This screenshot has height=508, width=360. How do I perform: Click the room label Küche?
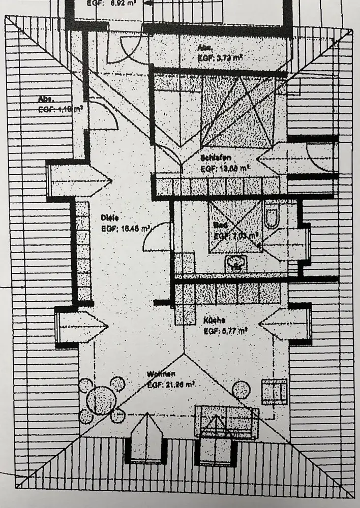click(215, 321)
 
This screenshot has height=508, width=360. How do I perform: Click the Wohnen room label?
click(158, 375)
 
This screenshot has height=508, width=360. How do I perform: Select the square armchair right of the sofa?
click(274, 391)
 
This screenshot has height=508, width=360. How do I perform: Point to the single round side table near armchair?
click(241, 390)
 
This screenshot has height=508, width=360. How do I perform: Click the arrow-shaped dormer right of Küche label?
click(285, 324)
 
